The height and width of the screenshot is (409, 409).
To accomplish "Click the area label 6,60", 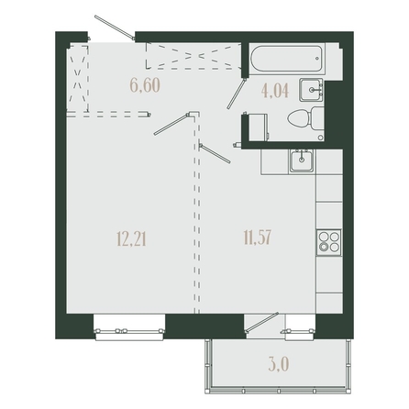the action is [145, 85].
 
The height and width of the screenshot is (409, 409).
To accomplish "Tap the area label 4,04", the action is [275, 91].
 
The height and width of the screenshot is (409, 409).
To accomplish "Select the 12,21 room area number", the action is [131, 238].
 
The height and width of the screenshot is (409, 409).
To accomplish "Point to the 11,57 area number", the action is [258, 238].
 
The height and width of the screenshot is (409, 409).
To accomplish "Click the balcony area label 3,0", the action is [279, 364].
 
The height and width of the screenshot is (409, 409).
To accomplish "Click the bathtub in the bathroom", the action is [286, 59].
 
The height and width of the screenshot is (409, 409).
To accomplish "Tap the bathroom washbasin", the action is [311, 90].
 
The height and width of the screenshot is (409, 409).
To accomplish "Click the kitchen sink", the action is [302, 161].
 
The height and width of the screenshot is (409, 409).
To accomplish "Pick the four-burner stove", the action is [329, 242].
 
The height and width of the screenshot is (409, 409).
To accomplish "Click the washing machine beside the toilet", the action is [259, 127].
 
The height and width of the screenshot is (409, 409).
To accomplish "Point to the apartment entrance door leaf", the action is [115, 28].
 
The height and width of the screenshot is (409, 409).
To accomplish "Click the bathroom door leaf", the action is [237, 94].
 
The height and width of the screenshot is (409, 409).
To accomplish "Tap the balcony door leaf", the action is [262, 322].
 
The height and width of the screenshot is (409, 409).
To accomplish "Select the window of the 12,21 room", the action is [129, 330].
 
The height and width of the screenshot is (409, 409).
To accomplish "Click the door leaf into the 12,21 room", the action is [171, 124].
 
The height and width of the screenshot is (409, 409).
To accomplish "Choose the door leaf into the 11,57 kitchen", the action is [215, 153].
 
